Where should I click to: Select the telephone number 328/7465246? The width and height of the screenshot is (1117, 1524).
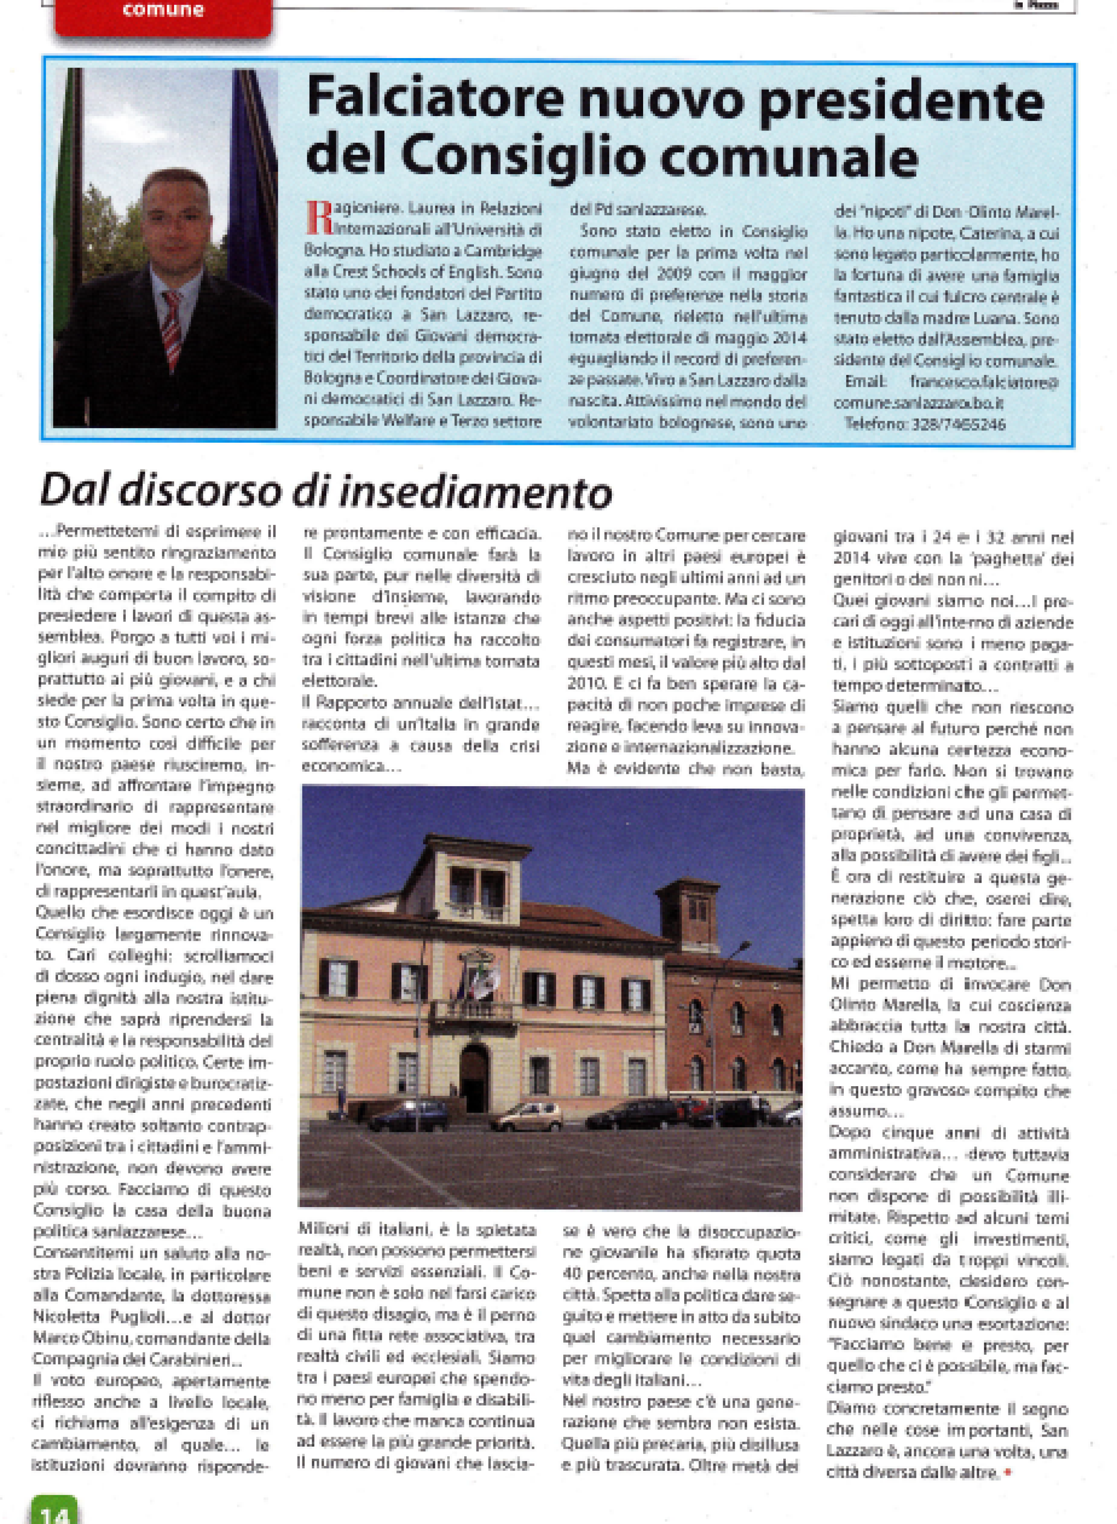[x=963, y=425]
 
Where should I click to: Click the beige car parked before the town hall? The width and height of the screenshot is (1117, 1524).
[x=527, y=1116]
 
